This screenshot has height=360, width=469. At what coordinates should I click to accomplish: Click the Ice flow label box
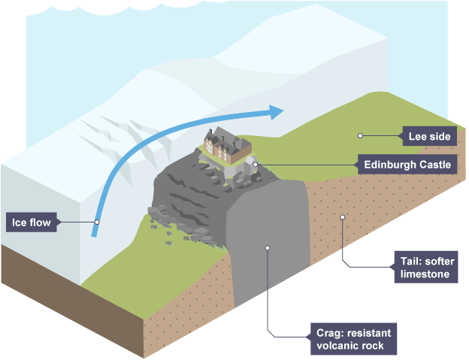click(x=32, y=222)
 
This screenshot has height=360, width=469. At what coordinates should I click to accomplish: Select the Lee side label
click(x=428, y=136)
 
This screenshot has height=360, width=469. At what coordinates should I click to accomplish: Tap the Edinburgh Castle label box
click(x=406, y=164)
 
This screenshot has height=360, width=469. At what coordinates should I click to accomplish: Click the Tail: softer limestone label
click(x=424, y=268)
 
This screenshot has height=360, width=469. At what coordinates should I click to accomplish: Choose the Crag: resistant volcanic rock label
click(x=351, y=339)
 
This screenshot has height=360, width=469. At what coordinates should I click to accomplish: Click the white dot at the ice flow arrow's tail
click(x=97, y=222)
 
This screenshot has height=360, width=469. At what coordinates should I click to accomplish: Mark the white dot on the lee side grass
click(x=361, y=136)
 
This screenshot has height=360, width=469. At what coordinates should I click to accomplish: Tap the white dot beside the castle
click(x=256, y=164)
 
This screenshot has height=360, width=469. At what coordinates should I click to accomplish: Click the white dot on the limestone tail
click(x=342, y=217)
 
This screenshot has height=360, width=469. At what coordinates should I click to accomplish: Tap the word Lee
click(x=417, y=136)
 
